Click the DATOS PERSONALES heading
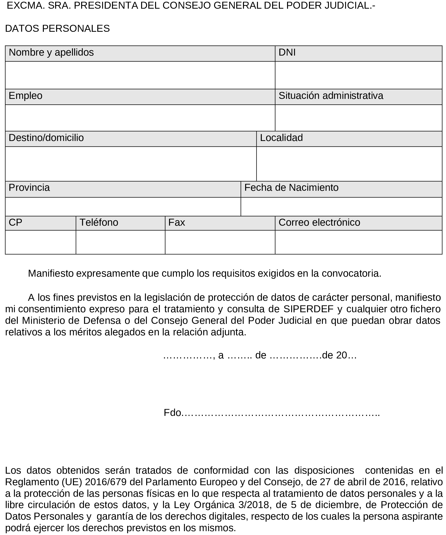57,29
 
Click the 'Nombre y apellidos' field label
51,52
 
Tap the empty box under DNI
358,75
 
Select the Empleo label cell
26,96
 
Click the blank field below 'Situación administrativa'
358,118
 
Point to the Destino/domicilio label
46,138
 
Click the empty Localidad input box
349,164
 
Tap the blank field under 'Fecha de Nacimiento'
341,207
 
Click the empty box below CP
40,242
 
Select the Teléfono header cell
99,223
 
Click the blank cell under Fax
220,242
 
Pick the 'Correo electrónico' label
319,223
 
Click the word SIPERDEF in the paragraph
308,309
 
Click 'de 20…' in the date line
339,355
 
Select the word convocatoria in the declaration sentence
351,274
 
